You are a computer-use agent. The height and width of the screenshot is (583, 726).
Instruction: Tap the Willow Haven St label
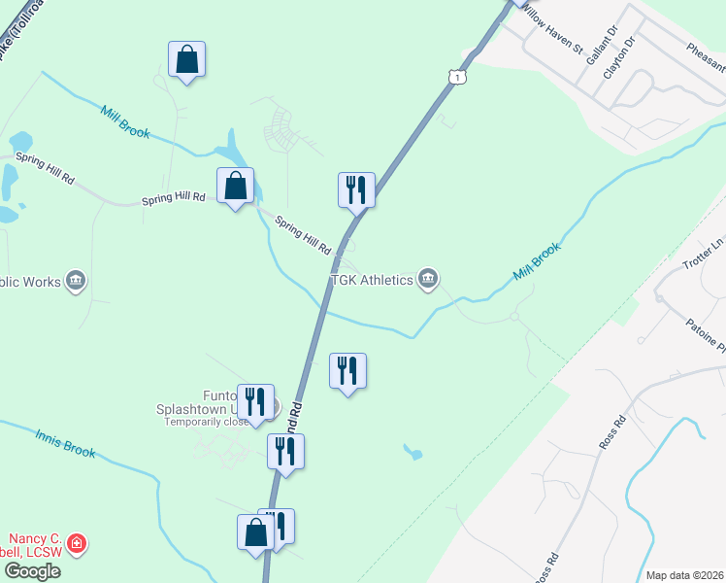[550, 28]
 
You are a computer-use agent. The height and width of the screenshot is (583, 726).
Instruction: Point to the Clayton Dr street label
[617, 58]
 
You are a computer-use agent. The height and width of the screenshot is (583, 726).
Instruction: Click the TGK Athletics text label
[372, 281]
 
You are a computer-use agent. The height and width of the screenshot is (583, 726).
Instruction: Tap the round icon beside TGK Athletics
[428, 281]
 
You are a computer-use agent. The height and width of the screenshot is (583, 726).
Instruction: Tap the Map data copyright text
[685, 575]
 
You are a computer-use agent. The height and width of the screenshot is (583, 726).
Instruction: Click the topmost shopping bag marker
[186, 60]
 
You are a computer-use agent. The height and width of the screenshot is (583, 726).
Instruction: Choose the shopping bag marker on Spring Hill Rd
[235, 186]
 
